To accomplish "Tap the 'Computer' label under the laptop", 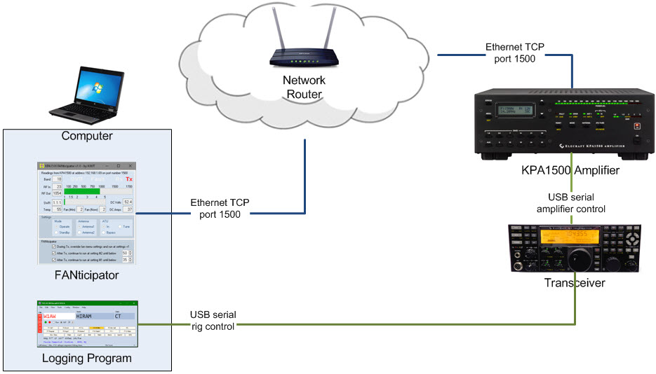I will click(x=87, y=135).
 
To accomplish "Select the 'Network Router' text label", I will click(x=304, y=87).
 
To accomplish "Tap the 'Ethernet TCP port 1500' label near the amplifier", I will click(x=511, y=53).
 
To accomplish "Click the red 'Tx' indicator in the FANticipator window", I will click(x=128, y=179).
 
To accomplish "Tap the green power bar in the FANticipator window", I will click(x=81, y=191).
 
